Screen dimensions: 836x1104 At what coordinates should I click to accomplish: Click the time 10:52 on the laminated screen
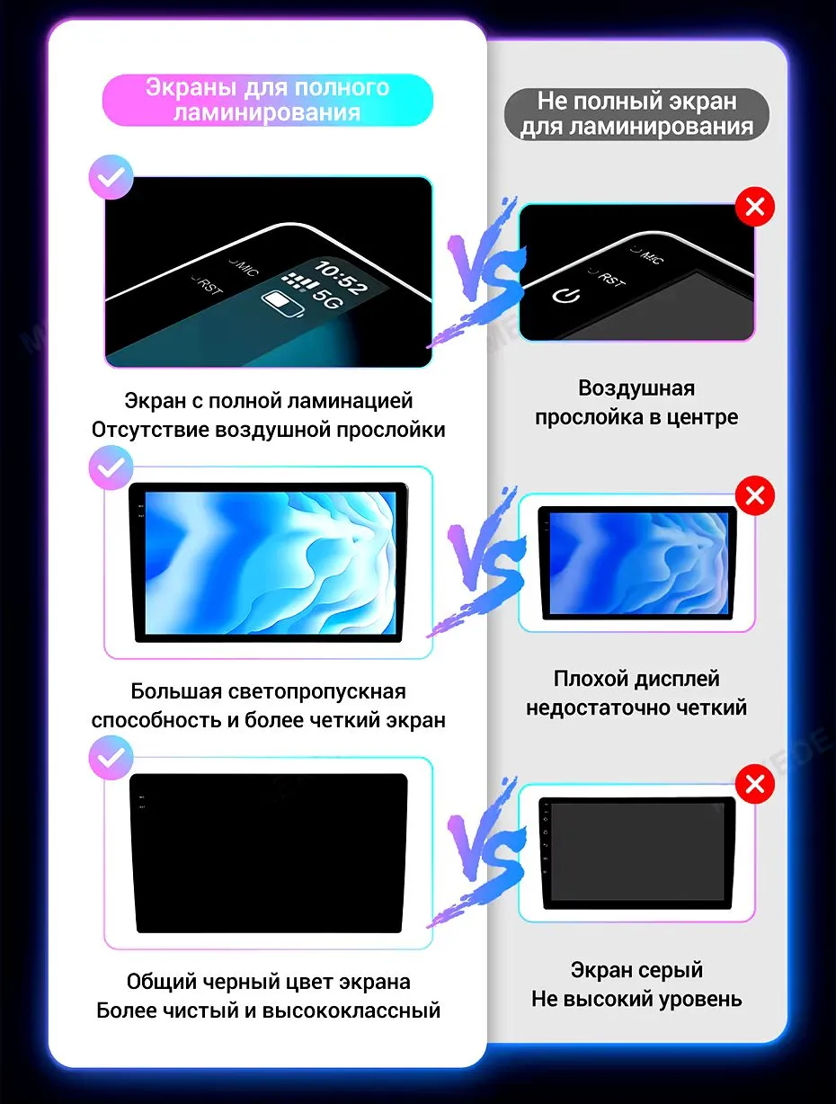coord(341,278)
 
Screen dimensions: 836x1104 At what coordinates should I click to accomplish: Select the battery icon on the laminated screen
coord(282,303)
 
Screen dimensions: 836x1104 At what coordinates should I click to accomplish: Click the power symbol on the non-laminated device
coord(566,296)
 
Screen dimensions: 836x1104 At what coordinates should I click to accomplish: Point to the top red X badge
coord(754,207)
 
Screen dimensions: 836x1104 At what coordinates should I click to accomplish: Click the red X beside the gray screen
coord(754,784)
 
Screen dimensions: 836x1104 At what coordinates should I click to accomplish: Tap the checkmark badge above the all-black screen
coord(111,758)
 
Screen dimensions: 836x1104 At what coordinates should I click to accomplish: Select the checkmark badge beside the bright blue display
coord(111,467)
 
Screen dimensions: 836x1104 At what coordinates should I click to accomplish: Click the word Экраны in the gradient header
coord(191,88)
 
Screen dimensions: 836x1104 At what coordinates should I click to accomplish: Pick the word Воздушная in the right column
coord(636,388)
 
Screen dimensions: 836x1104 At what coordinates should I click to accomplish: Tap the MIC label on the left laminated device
coord(245,267)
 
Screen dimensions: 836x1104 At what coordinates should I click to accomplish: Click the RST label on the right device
coord(609,278)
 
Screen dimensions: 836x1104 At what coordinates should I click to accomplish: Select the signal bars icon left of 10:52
coord(299,281)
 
